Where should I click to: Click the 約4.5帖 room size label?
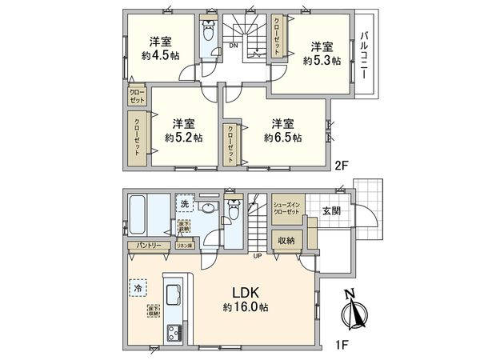pos(160,56)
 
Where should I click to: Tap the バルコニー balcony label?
pos(364,54)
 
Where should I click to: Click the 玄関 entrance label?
pos(331,211)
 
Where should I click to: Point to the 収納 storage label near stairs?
pos(286,240)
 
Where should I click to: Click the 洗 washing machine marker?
pos(184,204)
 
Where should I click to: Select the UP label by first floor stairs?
pos(257,255)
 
